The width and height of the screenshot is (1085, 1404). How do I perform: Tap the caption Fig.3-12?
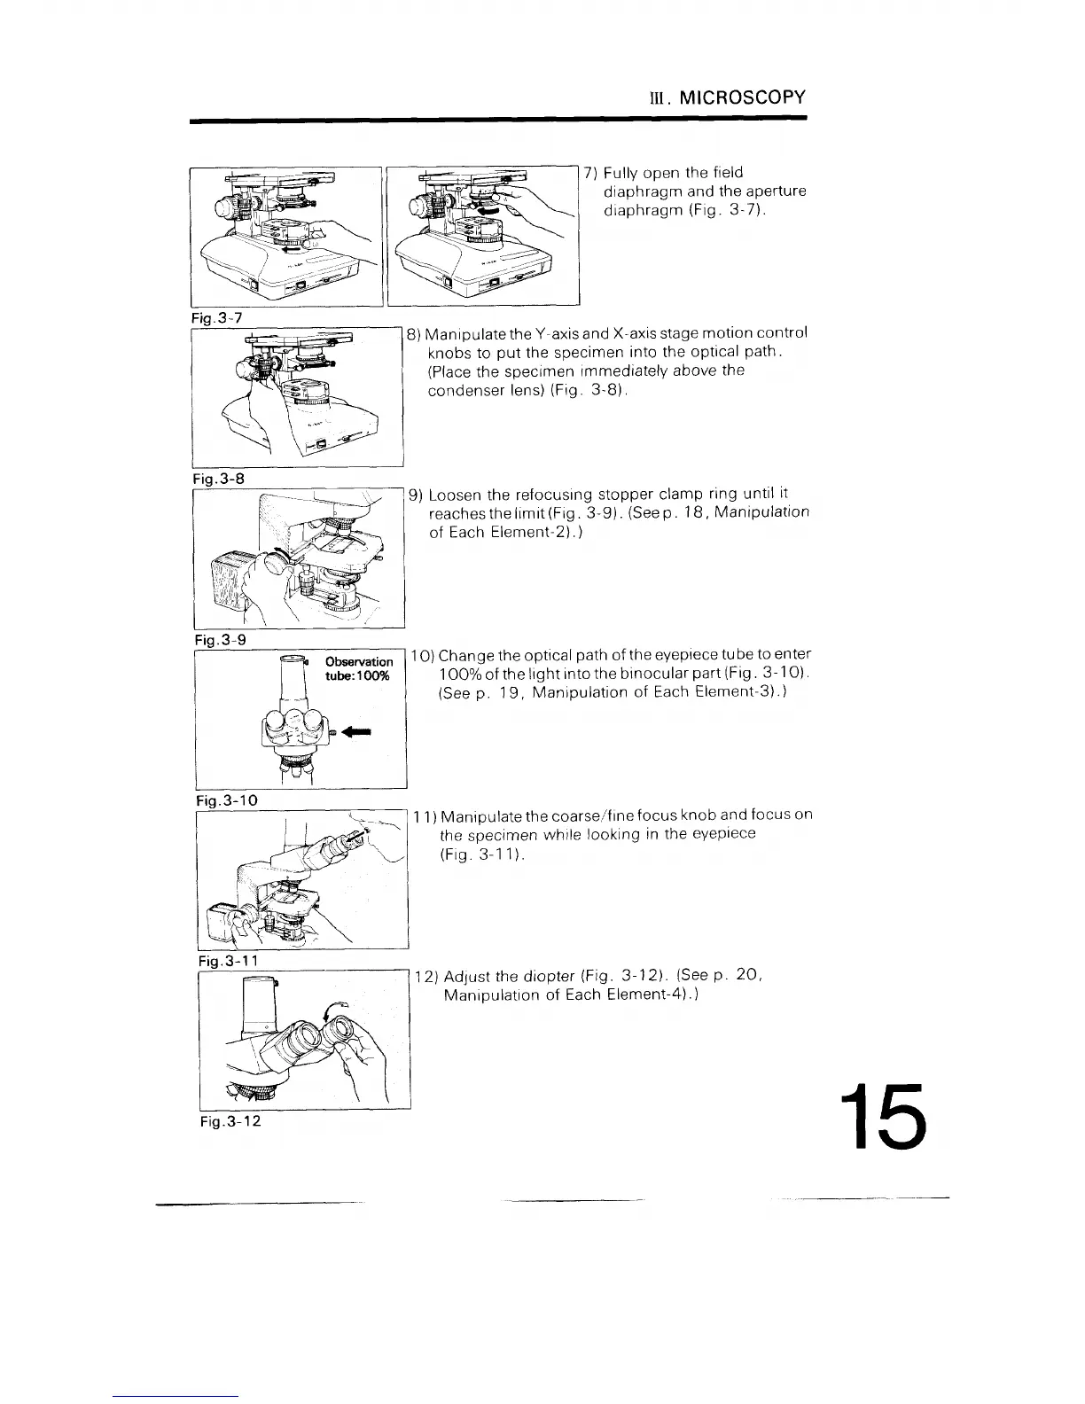[227, 1120]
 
